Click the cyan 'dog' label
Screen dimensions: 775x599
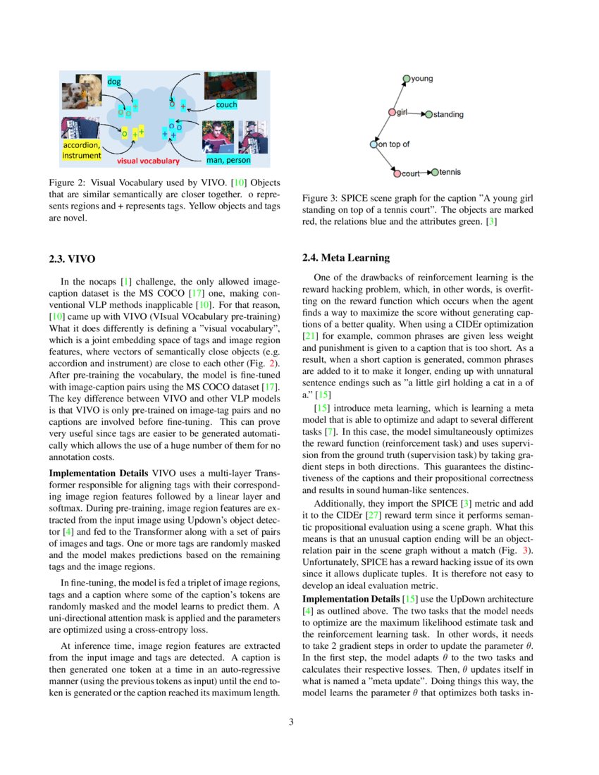point(114,82)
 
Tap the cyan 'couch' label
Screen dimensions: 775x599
point(226,105)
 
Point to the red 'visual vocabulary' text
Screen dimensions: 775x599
point(149,161)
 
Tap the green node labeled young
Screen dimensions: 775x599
point(406,79)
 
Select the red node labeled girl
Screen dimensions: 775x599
point(393,112)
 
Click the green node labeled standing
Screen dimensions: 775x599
point(428,114)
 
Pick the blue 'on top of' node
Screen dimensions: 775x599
point(373,144)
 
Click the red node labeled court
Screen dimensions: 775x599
point(397,173)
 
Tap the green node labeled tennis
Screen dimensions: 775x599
point(434,172)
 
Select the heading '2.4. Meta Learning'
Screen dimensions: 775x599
point(345,258)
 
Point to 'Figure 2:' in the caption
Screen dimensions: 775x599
point(68,183)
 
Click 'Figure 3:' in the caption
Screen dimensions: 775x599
point(321,199)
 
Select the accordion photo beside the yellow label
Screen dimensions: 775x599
point(74,128)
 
